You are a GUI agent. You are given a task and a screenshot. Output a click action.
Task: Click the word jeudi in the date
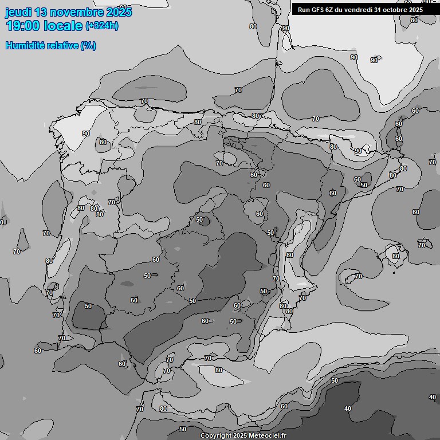(x=17, y=12)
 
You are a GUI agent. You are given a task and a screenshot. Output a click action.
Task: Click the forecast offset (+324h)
(x=102, y=26)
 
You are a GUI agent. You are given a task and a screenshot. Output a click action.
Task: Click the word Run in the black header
(x=304, y=10)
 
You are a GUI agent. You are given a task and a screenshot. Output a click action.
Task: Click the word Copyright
(x=215, y=436)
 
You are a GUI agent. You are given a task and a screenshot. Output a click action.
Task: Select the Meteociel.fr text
(x=267, y=436)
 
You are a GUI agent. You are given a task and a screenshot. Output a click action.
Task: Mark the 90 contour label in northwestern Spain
(x=86, y=133)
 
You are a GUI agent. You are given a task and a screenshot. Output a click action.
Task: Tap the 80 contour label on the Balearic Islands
(x=396, y=256)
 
